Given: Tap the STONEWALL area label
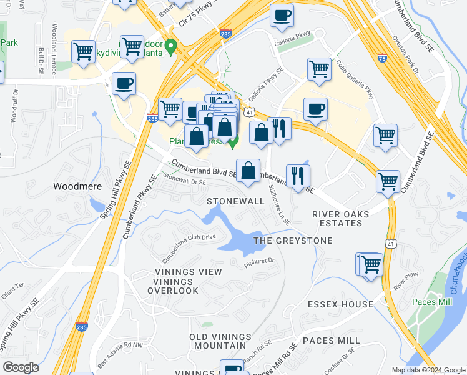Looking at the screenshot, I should point(236,201).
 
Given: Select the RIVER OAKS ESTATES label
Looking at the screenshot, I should point(340,219).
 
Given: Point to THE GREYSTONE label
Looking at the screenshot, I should point(293,241).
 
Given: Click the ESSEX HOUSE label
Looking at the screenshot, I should point(340,304).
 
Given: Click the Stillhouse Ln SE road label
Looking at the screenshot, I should point(278,204).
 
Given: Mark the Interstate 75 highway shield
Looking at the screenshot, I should point(382,58).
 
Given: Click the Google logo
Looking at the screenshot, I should point(21,367).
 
